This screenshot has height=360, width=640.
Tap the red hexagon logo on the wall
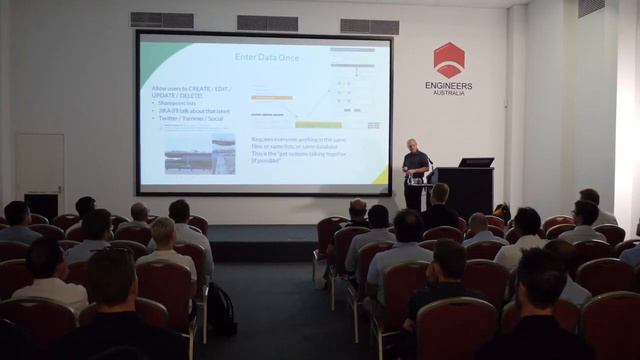449,60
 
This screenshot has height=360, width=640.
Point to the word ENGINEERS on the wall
449,87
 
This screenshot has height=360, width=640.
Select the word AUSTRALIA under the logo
449,95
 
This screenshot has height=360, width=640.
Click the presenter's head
411,145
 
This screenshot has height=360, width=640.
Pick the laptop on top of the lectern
476,162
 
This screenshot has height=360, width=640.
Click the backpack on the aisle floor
220,310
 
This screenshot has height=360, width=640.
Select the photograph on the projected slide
200,153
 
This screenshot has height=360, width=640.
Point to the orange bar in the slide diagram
271,97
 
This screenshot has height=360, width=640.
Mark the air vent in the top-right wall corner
591,8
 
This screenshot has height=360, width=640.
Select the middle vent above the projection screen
266,22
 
